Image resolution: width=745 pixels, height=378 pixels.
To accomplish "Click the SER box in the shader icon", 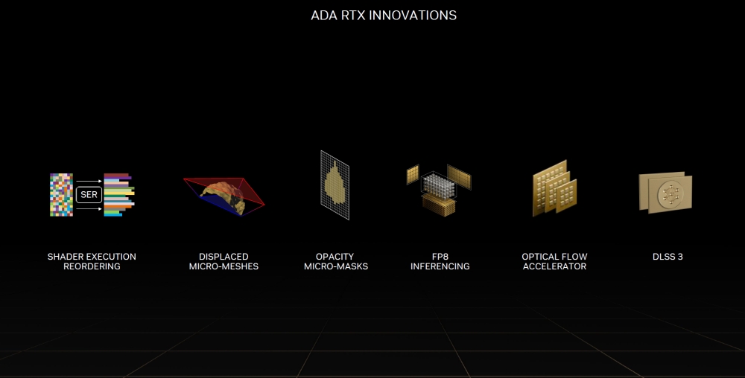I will (x=88, y=195).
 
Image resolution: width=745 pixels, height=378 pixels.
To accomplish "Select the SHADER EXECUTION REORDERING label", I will (x=92, y=261).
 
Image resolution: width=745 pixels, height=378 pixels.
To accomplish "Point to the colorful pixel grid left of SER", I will (x=61, y=195).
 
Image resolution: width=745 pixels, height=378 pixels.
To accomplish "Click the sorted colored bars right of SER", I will (x=118, y=195).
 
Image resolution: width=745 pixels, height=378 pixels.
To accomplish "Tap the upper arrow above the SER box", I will (x=88, y=182).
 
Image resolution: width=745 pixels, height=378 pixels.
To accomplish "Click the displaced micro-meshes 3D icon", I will (x=223, y=196).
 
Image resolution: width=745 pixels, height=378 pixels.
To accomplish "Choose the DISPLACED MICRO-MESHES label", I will (x=223, y=261).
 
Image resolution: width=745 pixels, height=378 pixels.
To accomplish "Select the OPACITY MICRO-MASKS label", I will (x=335, y=261).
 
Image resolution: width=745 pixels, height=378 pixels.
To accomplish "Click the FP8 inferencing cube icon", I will (x=440, y=190).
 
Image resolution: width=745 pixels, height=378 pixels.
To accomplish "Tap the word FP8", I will (x=440, y=257).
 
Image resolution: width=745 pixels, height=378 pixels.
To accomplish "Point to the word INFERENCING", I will (x=440, y=266).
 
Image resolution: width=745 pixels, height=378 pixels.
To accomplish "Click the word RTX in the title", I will (x=361, y=15).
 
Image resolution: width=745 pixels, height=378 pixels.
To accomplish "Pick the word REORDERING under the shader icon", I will (x=92, y=266).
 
